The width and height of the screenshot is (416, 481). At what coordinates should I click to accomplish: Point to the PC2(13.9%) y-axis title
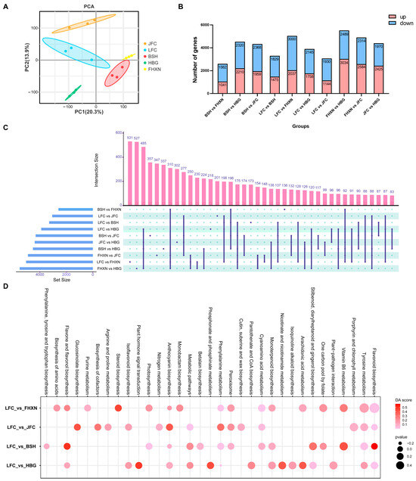pyautogui.click(x=15, y=59)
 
